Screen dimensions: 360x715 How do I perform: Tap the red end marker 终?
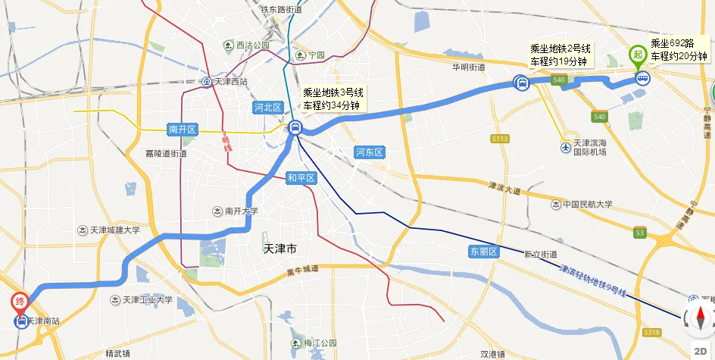(x=20, y=301)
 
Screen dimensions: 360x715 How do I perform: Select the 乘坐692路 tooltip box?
(x=679, y=51)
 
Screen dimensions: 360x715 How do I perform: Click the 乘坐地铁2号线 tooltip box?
(x=561, y=55)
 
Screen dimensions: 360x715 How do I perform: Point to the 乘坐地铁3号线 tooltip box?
(x=333, y=99)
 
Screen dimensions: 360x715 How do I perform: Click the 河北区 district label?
(x=267, y=108)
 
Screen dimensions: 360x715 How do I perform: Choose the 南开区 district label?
(x=183, y=130)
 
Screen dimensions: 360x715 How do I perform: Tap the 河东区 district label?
(x=370, y=152)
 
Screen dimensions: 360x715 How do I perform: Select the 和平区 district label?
(x=301, y=179)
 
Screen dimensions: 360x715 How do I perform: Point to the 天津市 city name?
(x=280, y=249)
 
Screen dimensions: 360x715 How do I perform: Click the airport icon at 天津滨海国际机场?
(x=566, y=146)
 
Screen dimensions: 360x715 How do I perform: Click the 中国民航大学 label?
(x=586, y=204)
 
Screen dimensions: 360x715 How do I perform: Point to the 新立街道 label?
(x=540, y=254)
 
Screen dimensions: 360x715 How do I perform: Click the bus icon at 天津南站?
(x=21, y=321)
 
